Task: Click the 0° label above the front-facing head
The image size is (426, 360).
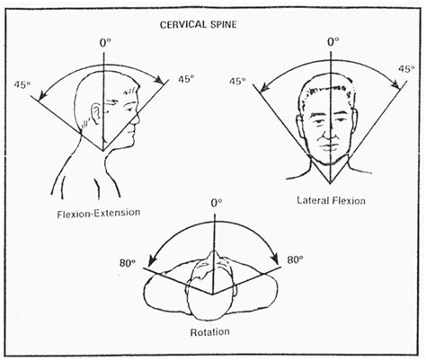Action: click(x=333, y=41)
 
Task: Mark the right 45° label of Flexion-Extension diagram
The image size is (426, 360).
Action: click(x=185, y=78)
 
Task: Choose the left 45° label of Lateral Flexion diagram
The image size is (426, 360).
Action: click(x=237, y=81)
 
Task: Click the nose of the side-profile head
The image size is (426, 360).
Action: click(x=140, y=114)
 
